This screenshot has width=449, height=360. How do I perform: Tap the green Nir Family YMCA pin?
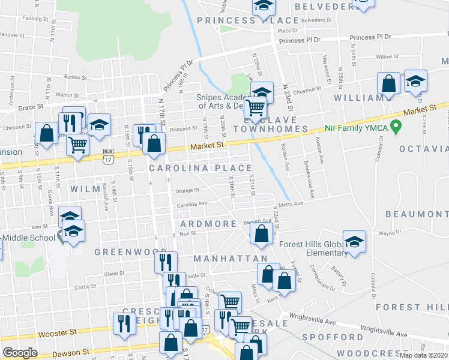pyautogui.click(x=395, y=127)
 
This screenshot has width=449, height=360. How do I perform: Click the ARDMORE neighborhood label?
pyautogui.click(x=208, y=224)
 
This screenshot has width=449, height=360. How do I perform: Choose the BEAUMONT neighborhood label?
pyautogui.click(x=417, y=214)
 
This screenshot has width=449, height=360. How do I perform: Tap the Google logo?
pyautogui.click(x=20, y=353)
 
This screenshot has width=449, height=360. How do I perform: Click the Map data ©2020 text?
pyautogui.click(x=424, y=355)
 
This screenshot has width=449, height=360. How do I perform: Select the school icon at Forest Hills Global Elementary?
pyautogui.click(x=355, y=242)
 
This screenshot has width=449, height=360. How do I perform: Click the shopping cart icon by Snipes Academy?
pyautogui.click(x=256, y=107)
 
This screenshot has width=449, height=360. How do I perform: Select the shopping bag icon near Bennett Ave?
pyautogui.click(x=261, y=233)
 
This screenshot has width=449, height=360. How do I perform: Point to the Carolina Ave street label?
pyautogui.click(x=191, y=205)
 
